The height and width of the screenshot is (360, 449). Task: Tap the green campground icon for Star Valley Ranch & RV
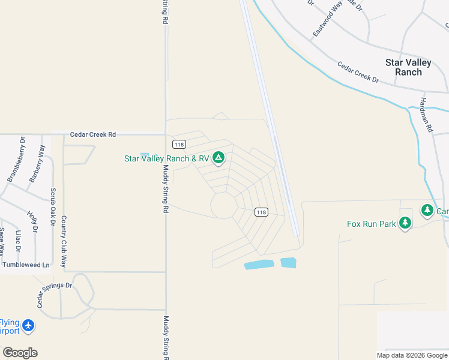219,158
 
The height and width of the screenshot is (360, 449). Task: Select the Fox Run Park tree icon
405,224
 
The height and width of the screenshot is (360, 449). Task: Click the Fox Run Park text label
372,224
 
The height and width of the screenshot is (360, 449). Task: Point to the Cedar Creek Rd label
92,135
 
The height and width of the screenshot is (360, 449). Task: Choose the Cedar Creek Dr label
358,72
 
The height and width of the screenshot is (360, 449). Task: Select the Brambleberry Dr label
15,159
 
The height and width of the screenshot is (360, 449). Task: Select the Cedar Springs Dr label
53,294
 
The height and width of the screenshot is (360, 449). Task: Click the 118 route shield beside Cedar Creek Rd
178,144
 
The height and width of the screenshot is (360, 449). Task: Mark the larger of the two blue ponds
259,265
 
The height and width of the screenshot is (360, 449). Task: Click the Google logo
20,353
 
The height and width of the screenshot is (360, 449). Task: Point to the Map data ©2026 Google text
411,355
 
